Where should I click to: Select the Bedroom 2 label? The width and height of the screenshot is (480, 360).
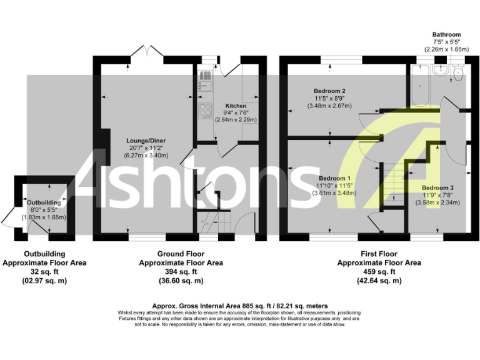point(330,91)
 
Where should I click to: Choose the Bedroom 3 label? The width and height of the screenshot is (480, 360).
point(437,187)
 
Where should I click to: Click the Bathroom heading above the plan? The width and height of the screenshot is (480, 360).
point(446,35)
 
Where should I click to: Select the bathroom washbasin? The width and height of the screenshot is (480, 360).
point(440,71)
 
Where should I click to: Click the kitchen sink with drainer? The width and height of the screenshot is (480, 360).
point(204,81)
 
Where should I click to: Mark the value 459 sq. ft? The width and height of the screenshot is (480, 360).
point(379,272)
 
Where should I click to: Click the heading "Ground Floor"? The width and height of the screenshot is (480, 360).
point(181,254)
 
